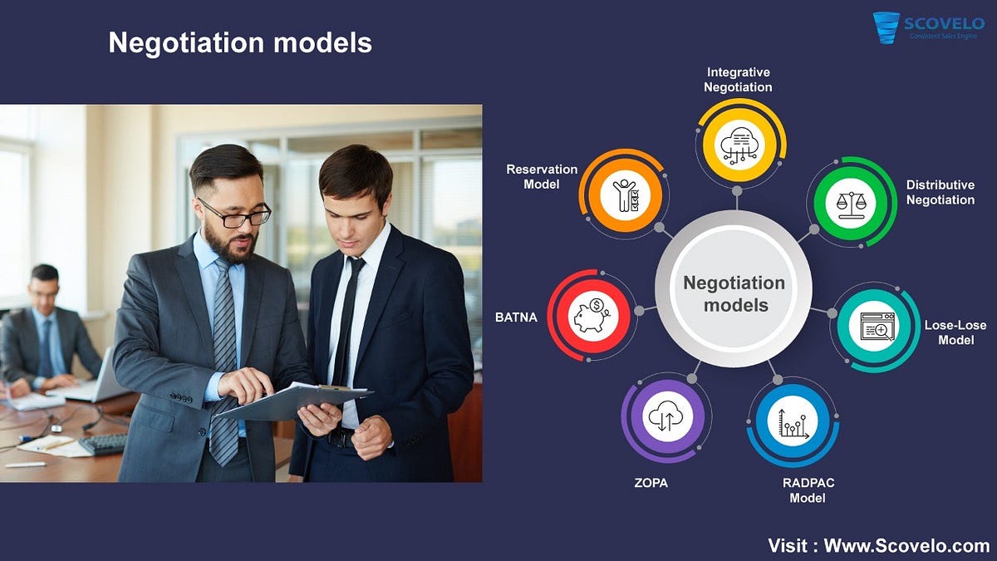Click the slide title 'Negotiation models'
(x=240, y=42)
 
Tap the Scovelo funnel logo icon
(x=886, y=27)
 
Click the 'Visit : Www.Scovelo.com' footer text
(x=879, y=546)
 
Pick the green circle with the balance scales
(x=851, y=203)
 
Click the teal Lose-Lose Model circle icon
(x=875, y=327)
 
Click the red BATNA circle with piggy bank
(x=592, y=315)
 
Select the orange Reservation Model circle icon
(x=625, y=194)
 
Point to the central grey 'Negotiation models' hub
(x=734, y=289)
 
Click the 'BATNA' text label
(x=516, y=317)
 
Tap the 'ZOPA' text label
(x=651, y=483)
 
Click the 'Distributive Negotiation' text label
(x=941, y=192)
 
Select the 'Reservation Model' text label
(x=542, y=177)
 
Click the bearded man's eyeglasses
(x=236, y=214)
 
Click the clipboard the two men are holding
(x=294, y=401)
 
